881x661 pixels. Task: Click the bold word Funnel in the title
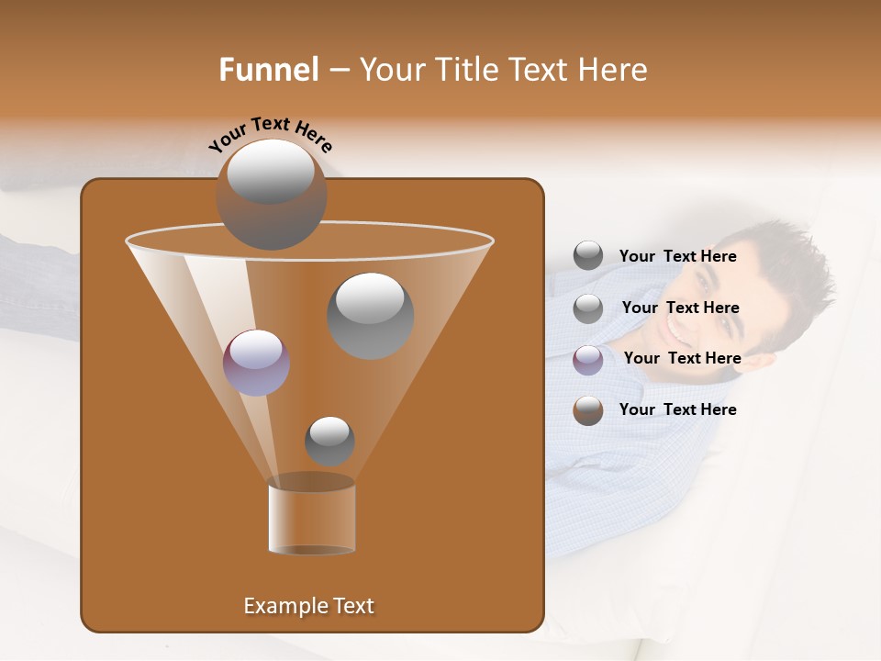pos(268,70)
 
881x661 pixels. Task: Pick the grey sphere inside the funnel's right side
pos(370,315)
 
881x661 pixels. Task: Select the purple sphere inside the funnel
pos(256,362)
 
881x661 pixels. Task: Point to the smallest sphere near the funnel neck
pos(329,441)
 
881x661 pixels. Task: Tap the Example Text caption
pos(308,606)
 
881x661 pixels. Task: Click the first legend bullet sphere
pos(588,256)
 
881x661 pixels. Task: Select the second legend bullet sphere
pos(588,308)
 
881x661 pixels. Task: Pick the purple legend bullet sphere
pos(588,359)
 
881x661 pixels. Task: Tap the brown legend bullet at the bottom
pos(588,410)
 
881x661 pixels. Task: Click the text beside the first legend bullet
pos(677,257)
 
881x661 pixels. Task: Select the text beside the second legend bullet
pos(680,308)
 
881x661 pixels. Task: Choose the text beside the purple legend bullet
pos(682,359)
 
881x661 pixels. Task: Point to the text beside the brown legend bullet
pos(677,410)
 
